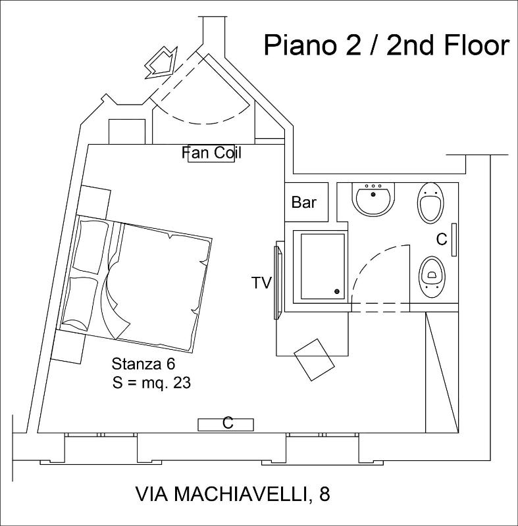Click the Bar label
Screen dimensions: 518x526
point(304,203)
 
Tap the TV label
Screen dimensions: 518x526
point(261,283)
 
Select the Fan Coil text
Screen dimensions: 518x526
point(211,153)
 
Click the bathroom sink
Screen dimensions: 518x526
point(373,199)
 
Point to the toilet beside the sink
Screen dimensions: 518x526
point(430,203)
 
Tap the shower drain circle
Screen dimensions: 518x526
point(337,291)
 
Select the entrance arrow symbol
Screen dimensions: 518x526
point(161,62)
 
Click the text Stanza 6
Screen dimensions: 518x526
point(143,364)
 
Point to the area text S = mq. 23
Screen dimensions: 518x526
point(151,383)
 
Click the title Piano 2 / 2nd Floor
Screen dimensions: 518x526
point(387,45)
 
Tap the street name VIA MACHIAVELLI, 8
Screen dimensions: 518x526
point(232,494)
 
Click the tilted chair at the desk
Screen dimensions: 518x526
point(314,360)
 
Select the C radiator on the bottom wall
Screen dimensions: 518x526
point(226,425)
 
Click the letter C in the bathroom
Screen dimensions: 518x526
point(442,239)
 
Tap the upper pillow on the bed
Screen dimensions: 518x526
point(91,247)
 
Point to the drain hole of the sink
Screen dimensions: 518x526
point(373,194)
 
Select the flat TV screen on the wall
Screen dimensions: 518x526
point(277,282)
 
